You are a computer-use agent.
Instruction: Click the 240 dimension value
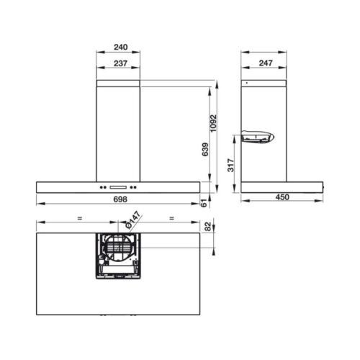tap(121, 47)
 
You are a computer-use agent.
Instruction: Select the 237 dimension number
tap(120, 63)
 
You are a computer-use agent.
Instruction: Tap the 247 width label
tap(266, 63)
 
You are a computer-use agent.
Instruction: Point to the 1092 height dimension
tap(213, 123)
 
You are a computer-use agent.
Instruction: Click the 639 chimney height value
tap(205, 150)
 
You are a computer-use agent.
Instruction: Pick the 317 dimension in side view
tap(230, 165)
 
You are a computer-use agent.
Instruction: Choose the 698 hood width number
tap(120, 199)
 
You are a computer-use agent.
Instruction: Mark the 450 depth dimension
tap(282, 197)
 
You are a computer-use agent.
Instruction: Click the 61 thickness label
tap(204, 203)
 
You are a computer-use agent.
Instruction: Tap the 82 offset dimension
tap(208, 226)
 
